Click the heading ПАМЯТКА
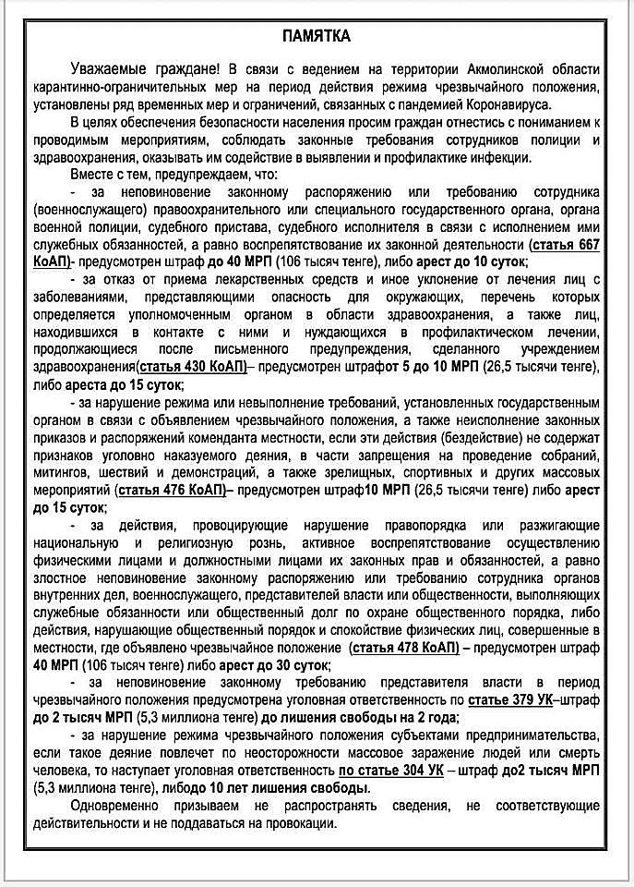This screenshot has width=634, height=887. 316,36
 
